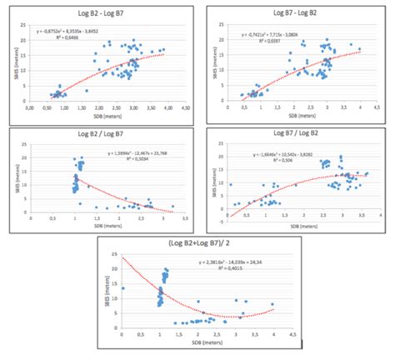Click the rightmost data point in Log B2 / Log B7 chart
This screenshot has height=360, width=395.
pos(173,206)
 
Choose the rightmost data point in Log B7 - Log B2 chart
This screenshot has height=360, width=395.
pos(360,49)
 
